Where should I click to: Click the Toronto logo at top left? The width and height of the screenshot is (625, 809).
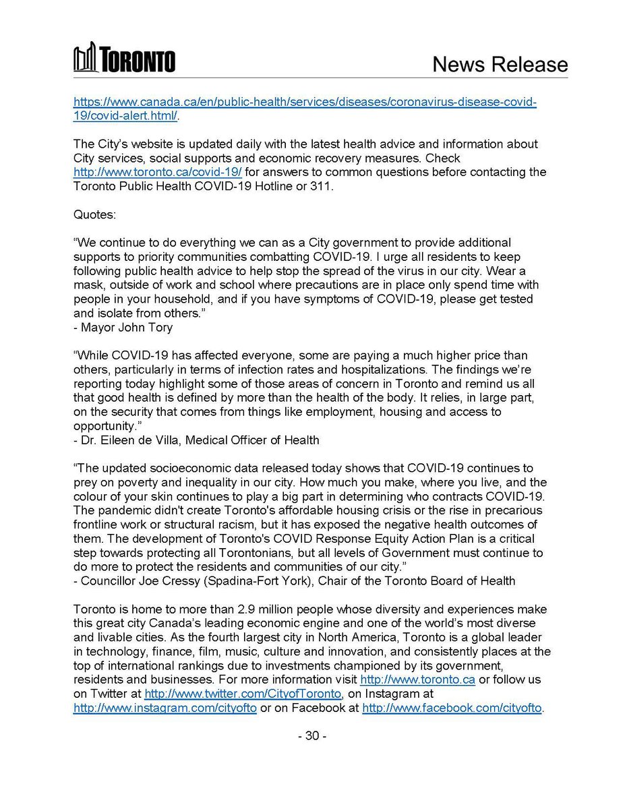pyautogui.click(x=124, y=58)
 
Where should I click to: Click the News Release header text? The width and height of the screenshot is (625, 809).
pyautogui.click(x=499, y=64)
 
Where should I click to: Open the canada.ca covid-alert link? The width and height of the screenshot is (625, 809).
pyautogui.click(x=304, y=102)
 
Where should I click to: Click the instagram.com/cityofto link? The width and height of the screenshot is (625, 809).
pyautogui.click(x=165, y=708)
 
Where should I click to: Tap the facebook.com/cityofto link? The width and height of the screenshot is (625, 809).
pyautogui.click(x=452, y=708)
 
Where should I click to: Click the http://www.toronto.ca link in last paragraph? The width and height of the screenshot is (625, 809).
pyautogui.click(x=417, y=680)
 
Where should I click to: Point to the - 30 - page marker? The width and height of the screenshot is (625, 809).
pyautogui.click(x=312, y=736)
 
